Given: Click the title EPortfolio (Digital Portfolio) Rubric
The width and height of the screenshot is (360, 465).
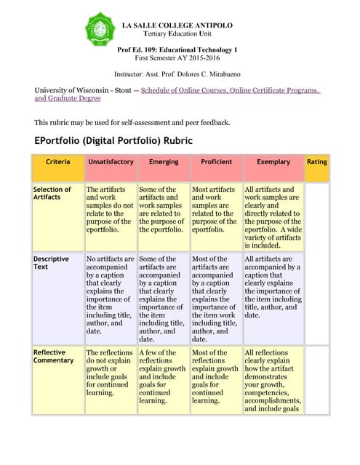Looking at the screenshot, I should pyautogui.click(x=113, y=139).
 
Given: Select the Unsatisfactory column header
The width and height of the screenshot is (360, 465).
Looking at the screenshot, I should pyautogui.click(x=110, y=161).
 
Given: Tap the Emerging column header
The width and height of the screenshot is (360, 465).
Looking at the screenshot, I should pyautogui.click(x=163, y=161).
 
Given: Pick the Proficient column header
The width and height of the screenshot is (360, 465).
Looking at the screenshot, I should pyautogui.click(x=216, y=161).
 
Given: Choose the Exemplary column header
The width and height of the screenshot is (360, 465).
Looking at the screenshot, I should pyautogui.click(x=273, y=161).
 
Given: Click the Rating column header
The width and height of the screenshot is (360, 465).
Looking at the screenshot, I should pyautogui.click(x=316, y=161).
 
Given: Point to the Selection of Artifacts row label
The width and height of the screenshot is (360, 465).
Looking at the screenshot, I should pyautogui.click(x=52, y=194).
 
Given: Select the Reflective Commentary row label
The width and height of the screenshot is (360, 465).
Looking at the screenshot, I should pyautogui.click(x=53, y=356).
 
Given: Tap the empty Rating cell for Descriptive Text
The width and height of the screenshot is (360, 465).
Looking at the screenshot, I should pyautogui.click(x=316, y=298).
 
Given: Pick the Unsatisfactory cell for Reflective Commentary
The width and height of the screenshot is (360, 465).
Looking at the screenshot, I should pyautogui.click(x=110, y=372).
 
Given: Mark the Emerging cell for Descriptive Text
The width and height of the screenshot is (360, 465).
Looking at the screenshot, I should pyautogui.click(x=163, y=298).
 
